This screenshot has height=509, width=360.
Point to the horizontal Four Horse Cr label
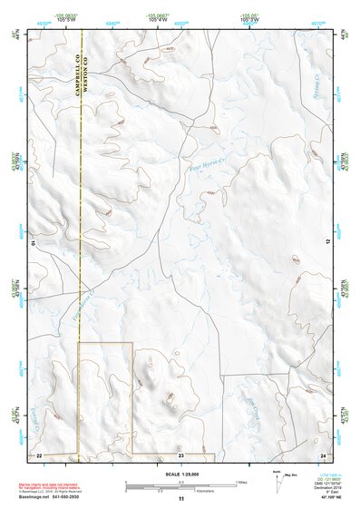[206, 166]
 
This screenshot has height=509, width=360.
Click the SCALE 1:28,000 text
[180, 474]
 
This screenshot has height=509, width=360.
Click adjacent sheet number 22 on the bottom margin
[39, 453]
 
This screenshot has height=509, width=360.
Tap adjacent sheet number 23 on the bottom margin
[180, 453]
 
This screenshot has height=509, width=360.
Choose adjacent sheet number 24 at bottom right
[322, 453]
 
